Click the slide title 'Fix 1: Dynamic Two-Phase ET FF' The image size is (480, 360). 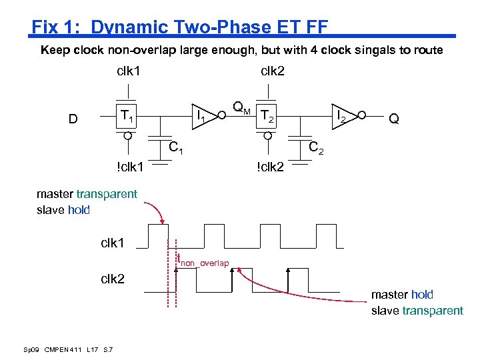(180, 27)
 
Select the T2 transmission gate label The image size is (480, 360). (267, 117)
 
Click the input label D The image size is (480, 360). (73, 119)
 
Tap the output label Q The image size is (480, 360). (394, 119)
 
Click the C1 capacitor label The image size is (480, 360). (176, 148)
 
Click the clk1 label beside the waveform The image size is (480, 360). (113, 243)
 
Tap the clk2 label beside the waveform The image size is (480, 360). (113, 279)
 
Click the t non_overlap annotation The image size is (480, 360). (203, 261)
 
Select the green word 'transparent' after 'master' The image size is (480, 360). (107, 194)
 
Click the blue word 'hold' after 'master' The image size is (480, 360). (422, 294)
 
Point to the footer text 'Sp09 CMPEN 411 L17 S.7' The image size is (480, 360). (68, 349)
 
